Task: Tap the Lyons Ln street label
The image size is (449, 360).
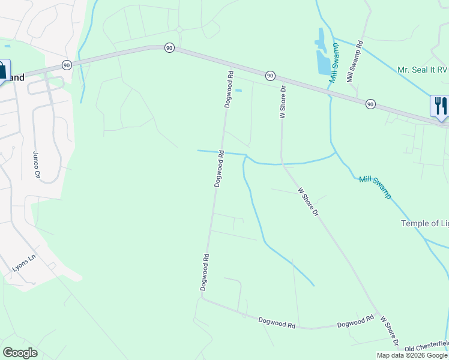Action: click(x=25, y=263)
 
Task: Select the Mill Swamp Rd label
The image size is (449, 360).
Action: click(x=355, y=61)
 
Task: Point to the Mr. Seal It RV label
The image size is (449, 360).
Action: click(x=423, y=70)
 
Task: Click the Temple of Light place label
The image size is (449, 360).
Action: click(x=424, y=223)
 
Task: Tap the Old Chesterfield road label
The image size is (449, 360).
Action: click(x=426, y=347)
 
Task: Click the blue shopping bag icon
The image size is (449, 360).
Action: click(x=2, y=70)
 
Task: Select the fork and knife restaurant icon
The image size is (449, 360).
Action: click(x=440, y=106)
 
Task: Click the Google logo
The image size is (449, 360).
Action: click(x=20, y=353)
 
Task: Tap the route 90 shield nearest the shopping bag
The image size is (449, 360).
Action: click(x=66, y=65)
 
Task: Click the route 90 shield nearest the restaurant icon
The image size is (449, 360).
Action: click(x=370, y=104)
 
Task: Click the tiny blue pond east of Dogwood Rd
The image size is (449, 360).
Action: click(x=238, y=91)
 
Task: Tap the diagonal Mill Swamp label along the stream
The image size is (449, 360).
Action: click(x=375, y=187)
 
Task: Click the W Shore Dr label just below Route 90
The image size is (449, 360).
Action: click(x=282, y=101)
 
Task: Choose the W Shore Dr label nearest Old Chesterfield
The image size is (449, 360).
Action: click(x=388, y=332)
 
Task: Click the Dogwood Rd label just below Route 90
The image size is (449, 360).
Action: click(x=229, y=89)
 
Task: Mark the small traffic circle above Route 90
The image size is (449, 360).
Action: click(x=178, y=29)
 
